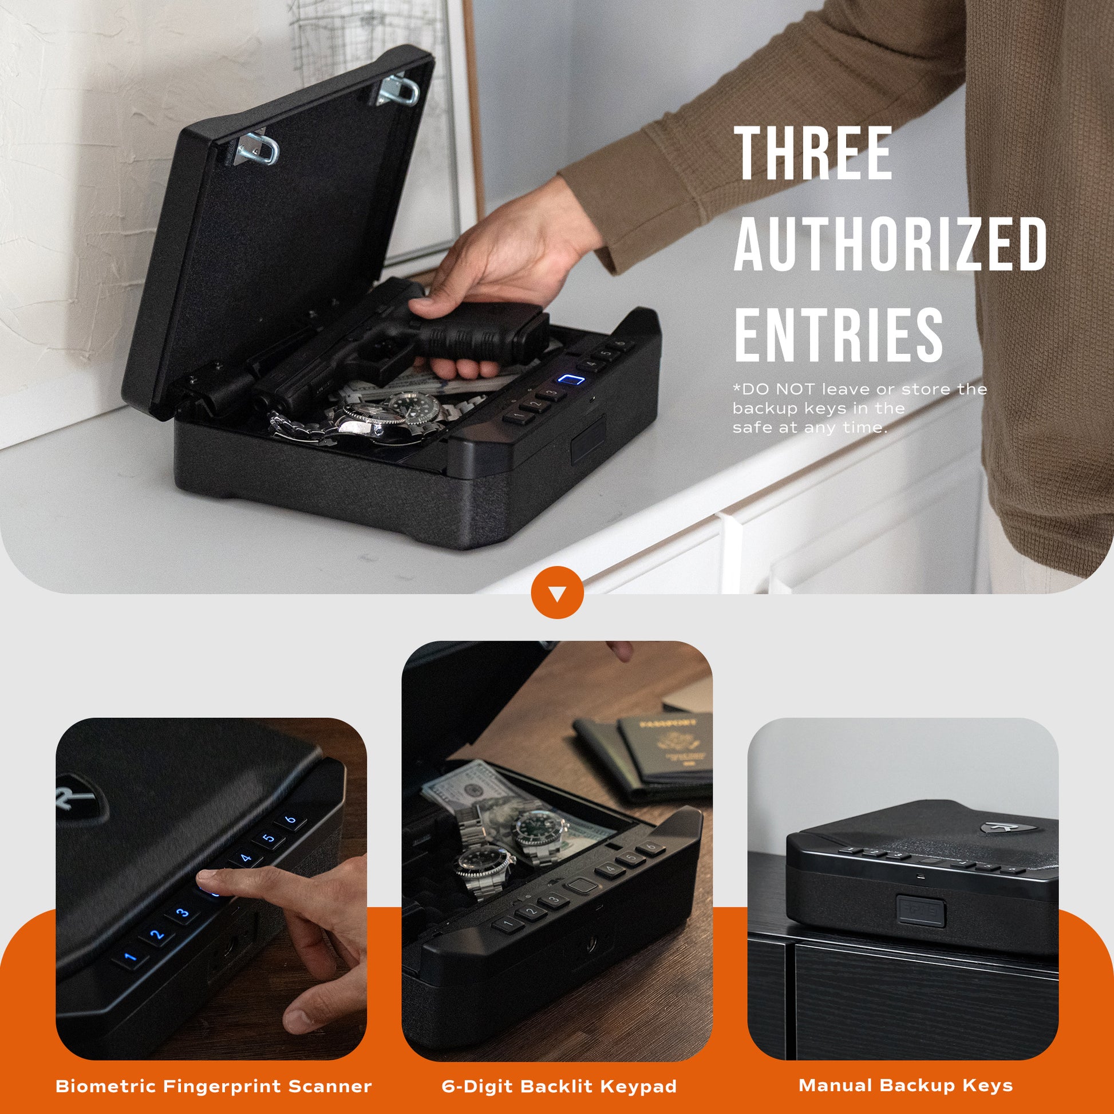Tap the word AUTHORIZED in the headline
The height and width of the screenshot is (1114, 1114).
tap(890, 243)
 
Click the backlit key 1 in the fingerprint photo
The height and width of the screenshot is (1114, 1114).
tap(131, 959)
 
